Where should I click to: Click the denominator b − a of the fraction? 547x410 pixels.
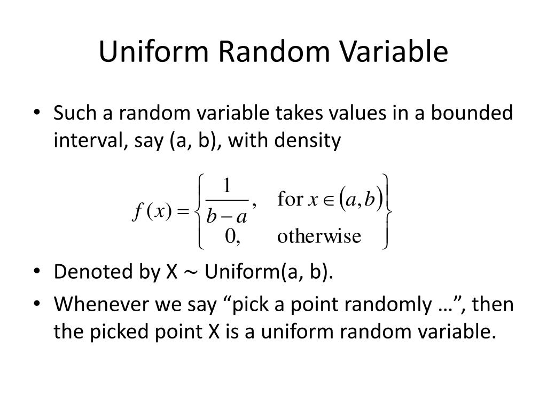tap(227, 217)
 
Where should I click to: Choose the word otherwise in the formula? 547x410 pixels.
tap(319, 236)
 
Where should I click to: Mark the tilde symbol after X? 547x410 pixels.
tap(191, 273)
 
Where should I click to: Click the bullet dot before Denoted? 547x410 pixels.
tap(36, 272)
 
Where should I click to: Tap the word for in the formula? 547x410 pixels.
tap(290, 200)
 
